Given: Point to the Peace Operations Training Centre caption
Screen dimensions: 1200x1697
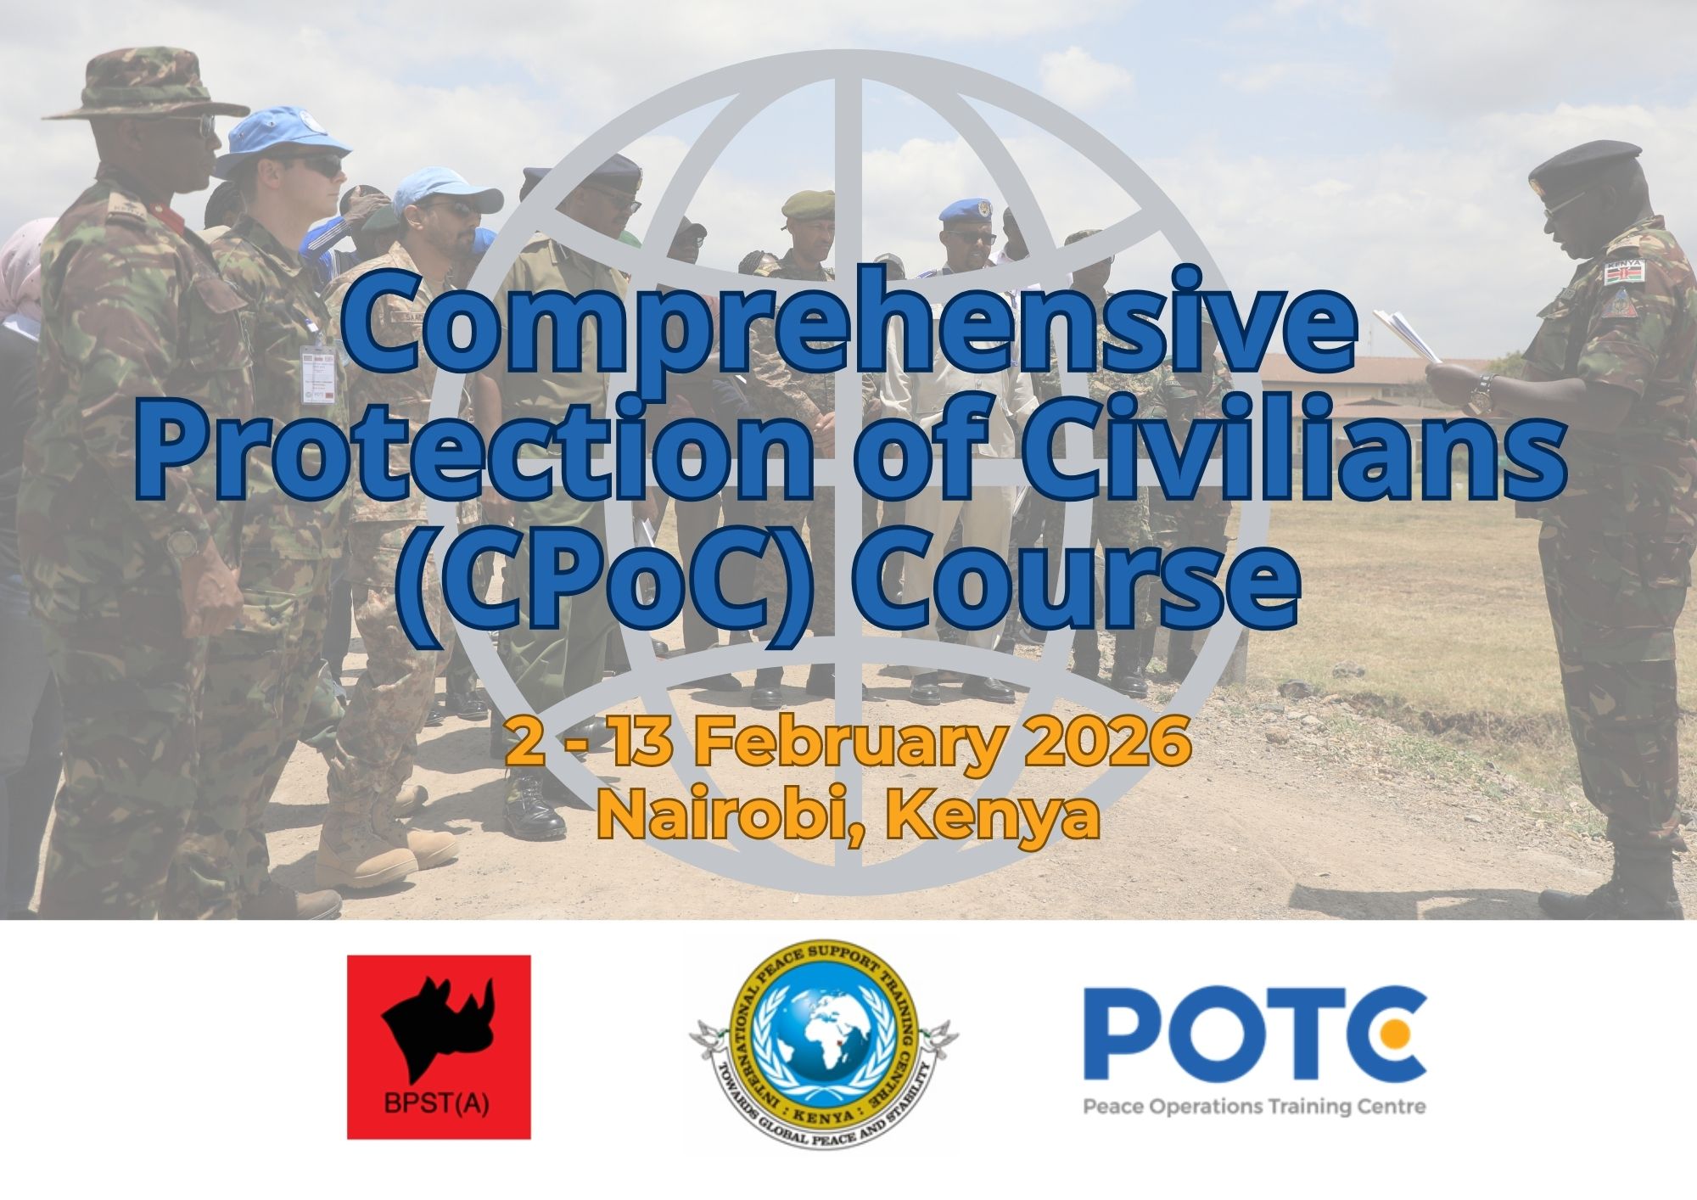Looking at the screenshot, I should pyautogui.click(x=1254, y=1107).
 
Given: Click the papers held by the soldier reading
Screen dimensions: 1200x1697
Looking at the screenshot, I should pyautogui.click(x=1404, y=333).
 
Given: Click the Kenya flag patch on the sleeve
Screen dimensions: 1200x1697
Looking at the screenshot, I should pyautogui.click(x=1622, y=272).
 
